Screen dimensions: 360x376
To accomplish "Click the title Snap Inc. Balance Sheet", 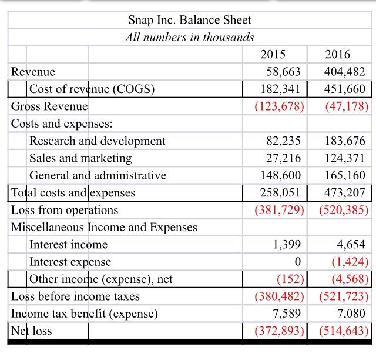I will click(x=189, y=20).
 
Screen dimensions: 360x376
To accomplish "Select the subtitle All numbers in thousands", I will click(x=189, y=37).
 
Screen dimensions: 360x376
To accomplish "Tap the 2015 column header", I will click(x=273, y=55).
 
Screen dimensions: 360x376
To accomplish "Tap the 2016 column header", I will click(x=337, y=55).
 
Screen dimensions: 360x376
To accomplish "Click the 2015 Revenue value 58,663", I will click(x=280, y=72).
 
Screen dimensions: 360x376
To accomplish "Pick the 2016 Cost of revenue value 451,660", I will click(x=345, y=89).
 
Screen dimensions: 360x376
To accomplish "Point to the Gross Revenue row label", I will click(x=49, y=106).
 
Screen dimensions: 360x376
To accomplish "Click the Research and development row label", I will click(x=98, y=141).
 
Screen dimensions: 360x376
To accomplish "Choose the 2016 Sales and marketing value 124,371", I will click(x=345, y=158).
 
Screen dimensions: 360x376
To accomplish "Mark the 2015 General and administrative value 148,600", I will click(x=280, y=175).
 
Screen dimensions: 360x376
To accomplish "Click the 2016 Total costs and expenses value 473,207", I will click(x=345, y=193).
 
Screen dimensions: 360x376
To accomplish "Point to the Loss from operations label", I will click(x=65, y=210).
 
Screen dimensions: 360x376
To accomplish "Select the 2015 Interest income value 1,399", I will click(x=287, y=245).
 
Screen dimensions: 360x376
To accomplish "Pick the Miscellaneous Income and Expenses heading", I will click(x=104, y=227).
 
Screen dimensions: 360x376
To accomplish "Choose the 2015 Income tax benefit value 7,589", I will click(x=287, y=314).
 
